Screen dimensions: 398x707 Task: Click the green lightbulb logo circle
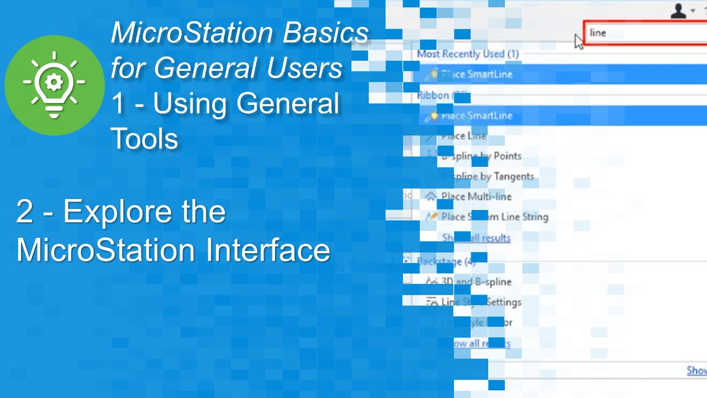(x=54, y=85)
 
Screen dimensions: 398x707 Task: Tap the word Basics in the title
(x=326, y=33)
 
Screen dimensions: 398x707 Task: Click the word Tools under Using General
(x=144, y=138)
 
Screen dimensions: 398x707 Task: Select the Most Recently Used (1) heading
(x=468, y=54)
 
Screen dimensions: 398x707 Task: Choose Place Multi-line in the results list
(x=476, y=196)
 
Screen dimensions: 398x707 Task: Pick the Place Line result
(x=464, y=136)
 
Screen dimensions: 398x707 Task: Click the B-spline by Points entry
(x=481, y=156)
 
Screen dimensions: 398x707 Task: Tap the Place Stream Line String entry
(x=494, y=217)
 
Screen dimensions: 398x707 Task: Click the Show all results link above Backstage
(x=476, y=238)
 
